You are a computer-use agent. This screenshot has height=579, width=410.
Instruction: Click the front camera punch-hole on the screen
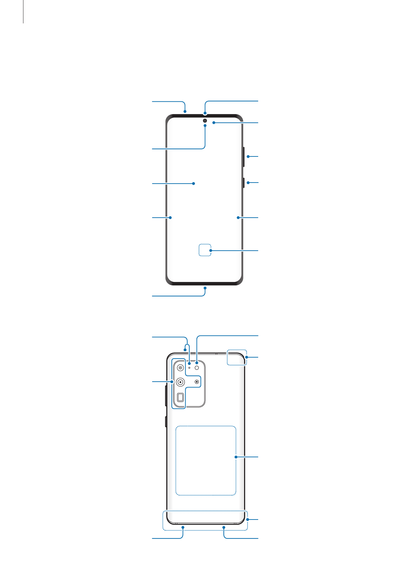[205, 121]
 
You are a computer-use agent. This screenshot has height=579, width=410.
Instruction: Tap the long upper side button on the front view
[244, 157]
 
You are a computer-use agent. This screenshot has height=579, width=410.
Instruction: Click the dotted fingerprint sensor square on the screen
[204, 250]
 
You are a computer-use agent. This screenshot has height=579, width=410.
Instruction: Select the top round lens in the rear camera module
[180, 368]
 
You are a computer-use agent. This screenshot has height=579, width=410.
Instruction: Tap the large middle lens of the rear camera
[180, 382]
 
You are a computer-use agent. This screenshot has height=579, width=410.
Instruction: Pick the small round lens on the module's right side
[197, 382]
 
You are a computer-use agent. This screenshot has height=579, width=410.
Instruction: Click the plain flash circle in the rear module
[197, 368]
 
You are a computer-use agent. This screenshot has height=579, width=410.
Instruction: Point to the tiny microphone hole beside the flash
[189, 368]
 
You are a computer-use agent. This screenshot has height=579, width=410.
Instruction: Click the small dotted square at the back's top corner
[236, 358]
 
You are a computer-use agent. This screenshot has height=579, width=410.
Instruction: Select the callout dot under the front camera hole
[205, 126]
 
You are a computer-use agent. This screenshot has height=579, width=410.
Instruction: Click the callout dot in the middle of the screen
[193, 184]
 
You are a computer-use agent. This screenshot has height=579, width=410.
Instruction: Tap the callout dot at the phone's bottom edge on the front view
[205, 288]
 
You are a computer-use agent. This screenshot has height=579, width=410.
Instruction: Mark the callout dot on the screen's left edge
[170, 218]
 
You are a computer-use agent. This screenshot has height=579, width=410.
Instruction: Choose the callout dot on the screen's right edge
[238, 218]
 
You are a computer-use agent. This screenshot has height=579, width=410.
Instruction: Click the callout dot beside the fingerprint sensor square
[211, 251]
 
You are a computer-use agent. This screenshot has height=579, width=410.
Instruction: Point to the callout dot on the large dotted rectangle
[236, 457]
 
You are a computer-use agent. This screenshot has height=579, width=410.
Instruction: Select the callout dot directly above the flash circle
[197, 362]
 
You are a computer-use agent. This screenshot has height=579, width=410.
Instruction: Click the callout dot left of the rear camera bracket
[172, 381]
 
